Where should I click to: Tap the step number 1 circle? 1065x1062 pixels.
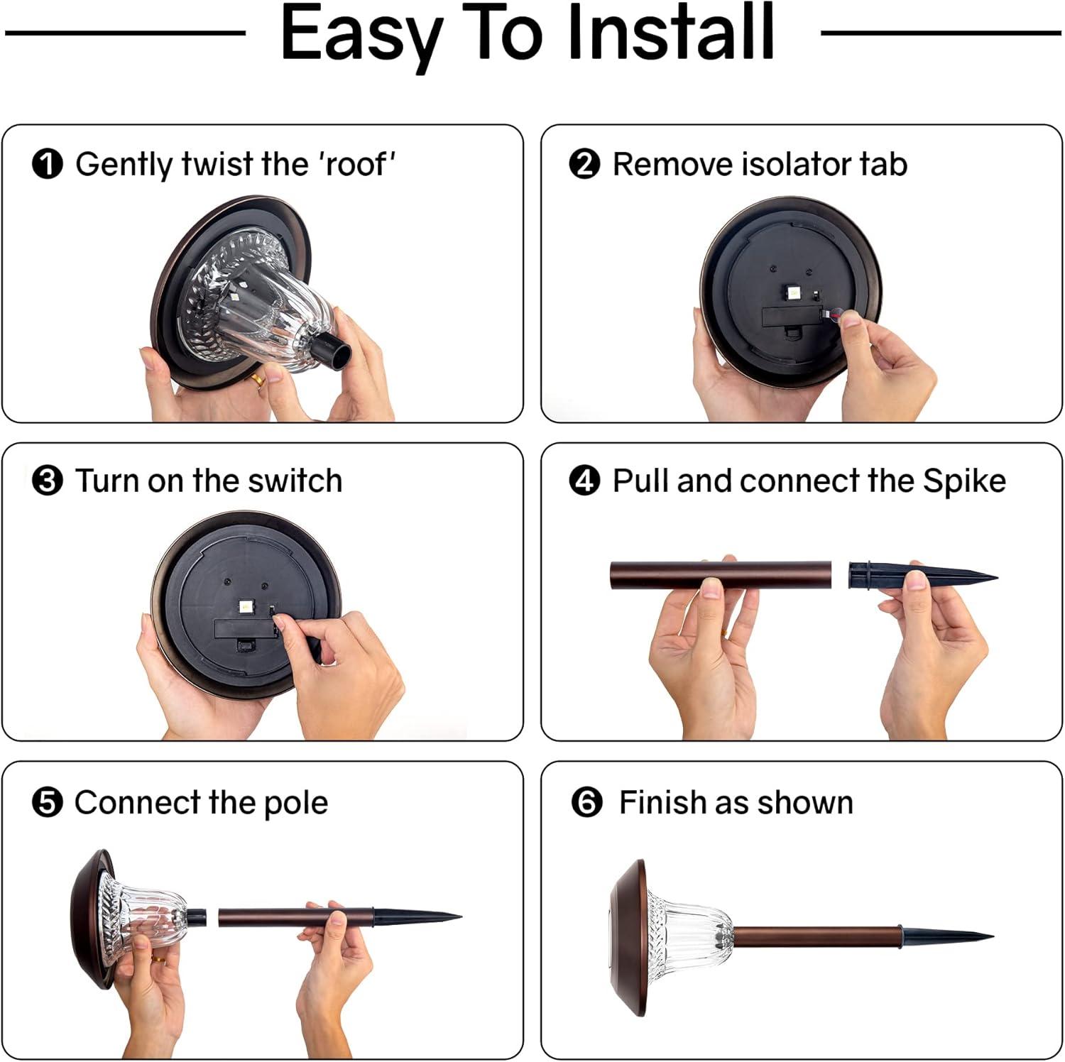point(47,164)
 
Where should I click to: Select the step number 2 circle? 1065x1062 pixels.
point(584,164)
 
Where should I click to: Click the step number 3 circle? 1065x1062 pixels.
point(47,481)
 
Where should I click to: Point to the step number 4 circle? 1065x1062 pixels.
point(584,481)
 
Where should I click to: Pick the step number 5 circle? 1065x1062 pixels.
point(47,803)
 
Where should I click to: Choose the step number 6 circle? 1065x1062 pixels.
point(586,803)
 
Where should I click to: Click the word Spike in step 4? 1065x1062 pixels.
point(964,482)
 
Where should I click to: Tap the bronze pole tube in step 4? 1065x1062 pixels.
point(721,575)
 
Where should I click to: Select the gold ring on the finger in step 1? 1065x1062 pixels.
point(261,379)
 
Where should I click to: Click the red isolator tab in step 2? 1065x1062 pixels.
point(834,312)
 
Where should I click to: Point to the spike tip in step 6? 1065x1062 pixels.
point(993,937)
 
